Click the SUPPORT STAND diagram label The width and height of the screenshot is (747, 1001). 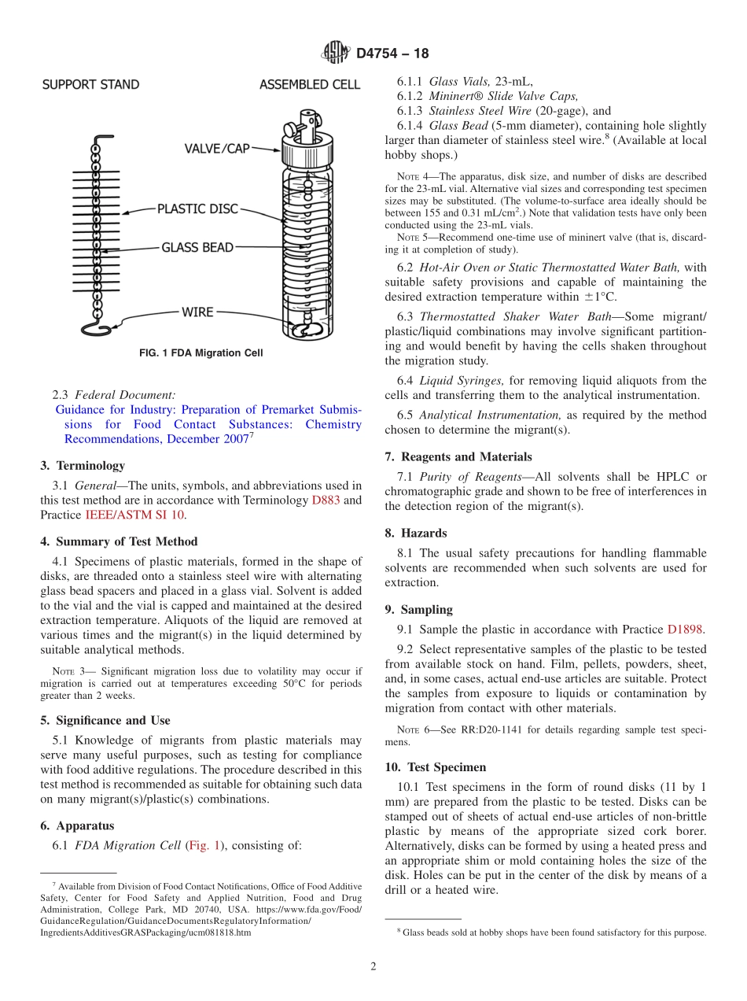(90, 85)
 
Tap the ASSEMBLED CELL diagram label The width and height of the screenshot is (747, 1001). (310, 85)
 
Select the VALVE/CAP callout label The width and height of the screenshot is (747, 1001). (217, 149)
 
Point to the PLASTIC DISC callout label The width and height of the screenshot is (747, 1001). (197, 209)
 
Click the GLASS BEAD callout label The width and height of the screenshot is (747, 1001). (197, 248)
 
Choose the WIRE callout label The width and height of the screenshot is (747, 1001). (197, 312)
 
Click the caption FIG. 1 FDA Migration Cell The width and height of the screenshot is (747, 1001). (201, 353)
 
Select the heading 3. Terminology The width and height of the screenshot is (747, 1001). (83, 466)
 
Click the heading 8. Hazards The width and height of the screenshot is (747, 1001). (416, 534)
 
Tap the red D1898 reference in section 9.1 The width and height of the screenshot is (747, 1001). (686, 630)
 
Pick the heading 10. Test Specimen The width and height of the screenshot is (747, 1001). (436, 767)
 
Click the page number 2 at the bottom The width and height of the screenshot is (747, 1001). (373, 966)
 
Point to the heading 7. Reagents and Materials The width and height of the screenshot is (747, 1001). (458, 457)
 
